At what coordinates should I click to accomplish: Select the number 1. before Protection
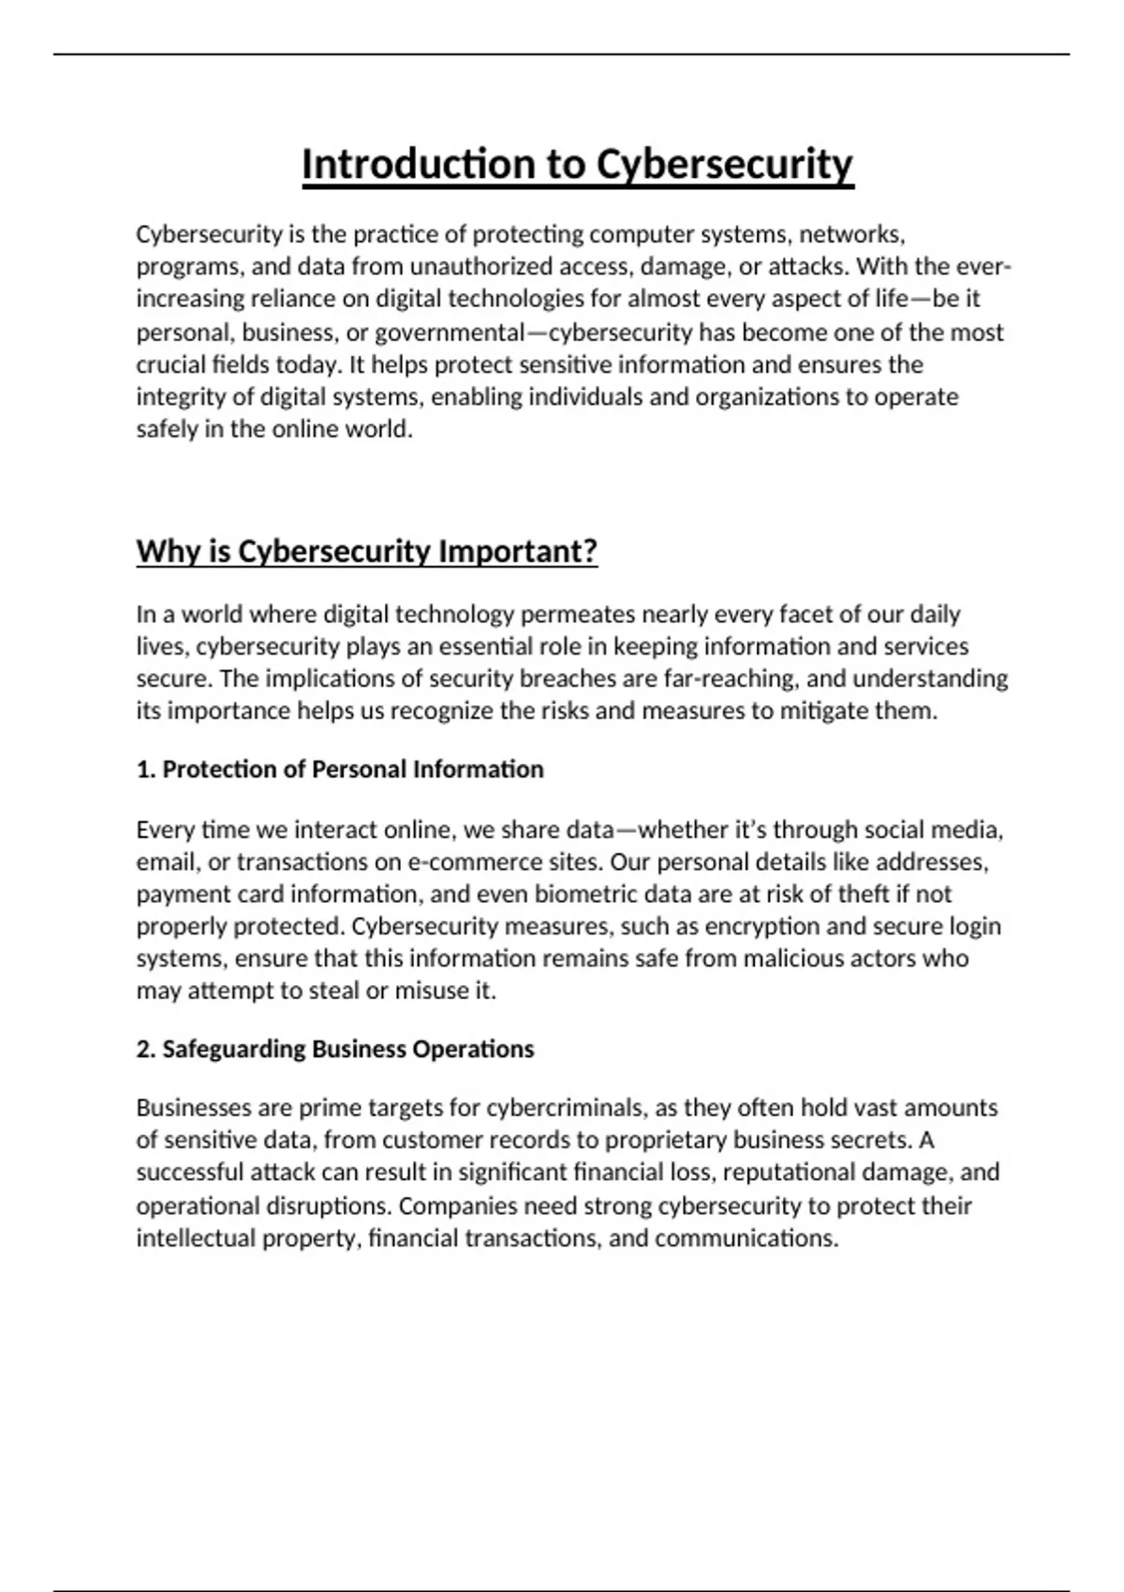145,770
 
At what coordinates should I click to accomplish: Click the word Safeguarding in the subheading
233,1049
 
